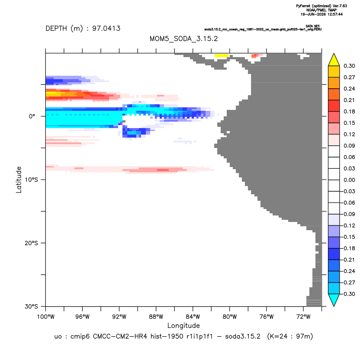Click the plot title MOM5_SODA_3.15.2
click(x=183, y=39)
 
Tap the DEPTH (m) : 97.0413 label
click(x=83, y=29)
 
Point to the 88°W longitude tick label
click(x=156, y=317)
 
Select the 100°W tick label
click(x=46, y=317)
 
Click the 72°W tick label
click(x=303, y=317)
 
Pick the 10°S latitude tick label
click(x=31, y=180)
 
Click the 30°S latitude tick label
click(x=31, y=306)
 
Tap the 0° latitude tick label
click(x=32, y=116)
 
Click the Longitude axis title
click(x=183, y=326)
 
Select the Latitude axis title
click(x=19, y=180)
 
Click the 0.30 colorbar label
click(x=349, y=66)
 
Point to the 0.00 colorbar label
click(x=349, y=180)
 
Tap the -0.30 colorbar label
click(x=348, y=294)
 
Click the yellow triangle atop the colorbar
click(x=334, y=61)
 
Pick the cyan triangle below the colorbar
click(x=334, y=299)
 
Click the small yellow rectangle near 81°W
click(x=222, y=55)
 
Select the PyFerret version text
click(x=321, y=6)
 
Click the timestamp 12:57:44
click(x=334, y=14)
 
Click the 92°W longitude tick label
click(x=119, y=317)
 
